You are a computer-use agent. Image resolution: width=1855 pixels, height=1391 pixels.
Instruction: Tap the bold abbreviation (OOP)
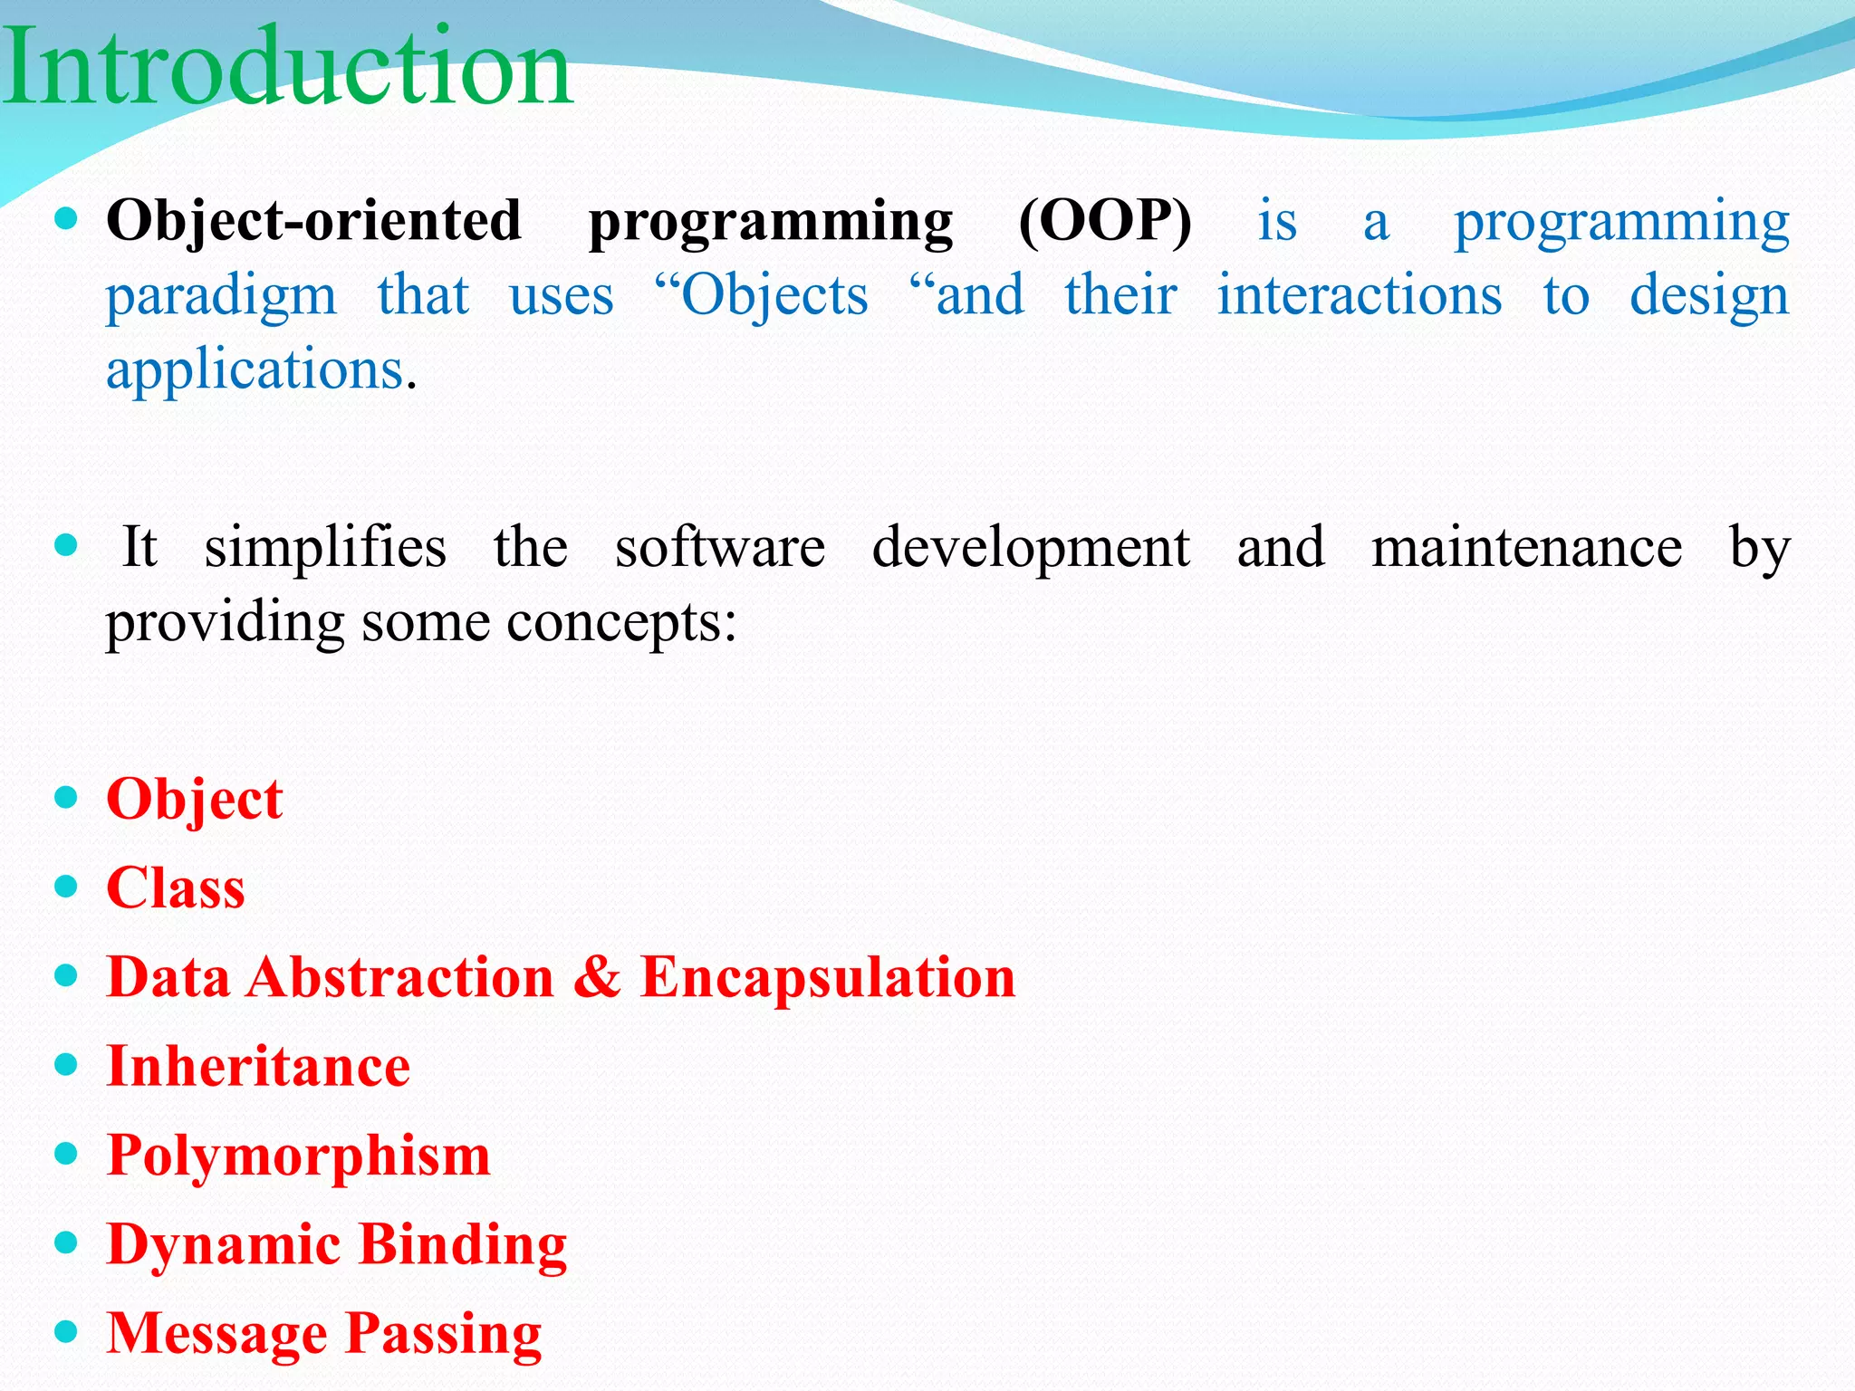tap(1105, 222)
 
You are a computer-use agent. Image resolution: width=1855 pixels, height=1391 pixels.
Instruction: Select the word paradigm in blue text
tap(221, 297)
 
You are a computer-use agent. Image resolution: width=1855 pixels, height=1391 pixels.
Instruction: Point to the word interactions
tap(1359, 295)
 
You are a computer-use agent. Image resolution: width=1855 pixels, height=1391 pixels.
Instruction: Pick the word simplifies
tap(325, 548)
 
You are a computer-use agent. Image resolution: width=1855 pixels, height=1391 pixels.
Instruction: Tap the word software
tap(720, 548)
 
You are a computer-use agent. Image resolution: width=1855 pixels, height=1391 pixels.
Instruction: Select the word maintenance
tap(1526, 548)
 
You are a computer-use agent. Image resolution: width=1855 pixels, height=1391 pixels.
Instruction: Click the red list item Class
tap(176, 888)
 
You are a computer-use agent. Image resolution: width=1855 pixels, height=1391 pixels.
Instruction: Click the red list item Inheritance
tap(258, 1067)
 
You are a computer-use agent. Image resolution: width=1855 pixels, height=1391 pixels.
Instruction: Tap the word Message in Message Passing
tap(217, 1334)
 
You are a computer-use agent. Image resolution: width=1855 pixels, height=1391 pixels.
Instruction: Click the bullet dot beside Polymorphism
tap(66, 1154)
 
